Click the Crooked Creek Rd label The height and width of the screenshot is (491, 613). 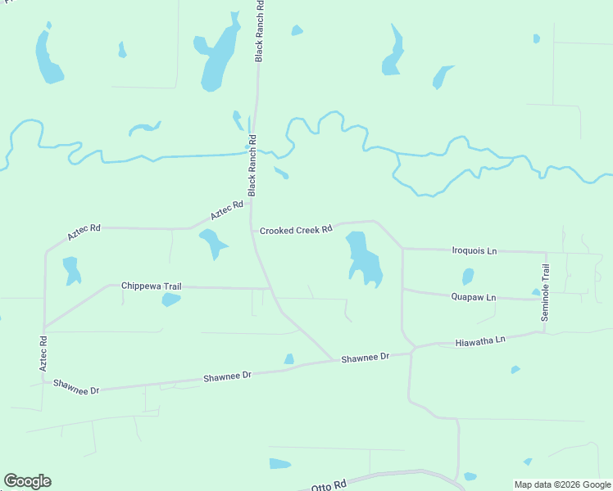[x=296, y=230]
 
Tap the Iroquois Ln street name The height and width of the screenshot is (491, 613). [x=475, y=250]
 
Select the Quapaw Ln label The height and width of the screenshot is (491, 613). [x=473, y=297]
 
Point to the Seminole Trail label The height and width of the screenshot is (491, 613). [x=545, y=292]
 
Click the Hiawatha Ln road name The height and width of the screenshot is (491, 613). [x=480, y=340]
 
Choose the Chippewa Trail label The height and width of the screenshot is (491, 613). [x=151, y=286]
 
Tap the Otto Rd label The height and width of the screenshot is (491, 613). [x=329, y=484]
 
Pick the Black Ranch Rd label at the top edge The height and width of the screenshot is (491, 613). [x=259, y=31]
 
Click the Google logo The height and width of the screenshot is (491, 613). [x=27, y=481]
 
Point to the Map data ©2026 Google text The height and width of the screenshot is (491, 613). [x=562, y=484]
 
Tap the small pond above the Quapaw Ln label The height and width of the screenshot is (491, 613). [x=467, y=277]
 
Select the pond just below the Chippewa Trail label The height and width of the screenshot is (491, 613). [x=170, y=300]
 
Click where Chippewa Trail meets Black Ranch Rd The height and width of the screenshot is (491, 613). [x=271, y=289]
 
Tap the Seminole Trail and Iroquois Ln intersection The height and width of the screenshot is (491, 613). [x=546, y=252]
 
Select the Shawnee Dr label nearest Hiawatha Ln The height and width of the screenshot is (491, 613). [x=365, y=358]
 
